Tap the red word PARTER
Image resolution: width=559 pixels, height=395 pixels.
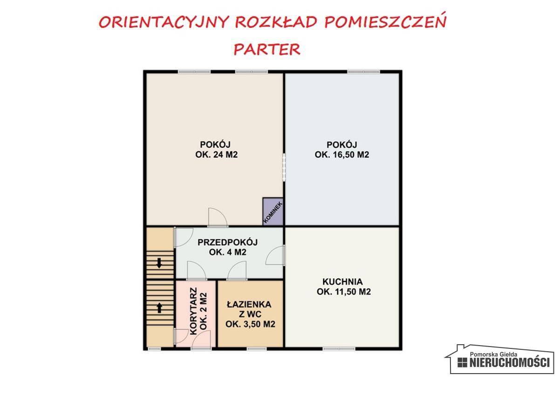pyautogui.click(x=267, y=49)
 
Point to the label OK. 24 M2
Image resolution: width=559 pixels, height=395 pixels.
pyautogui.click(x=217, y=155)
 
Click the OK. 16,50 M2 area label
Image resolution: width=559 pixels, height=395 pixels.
pyautogui.click(x=342, y=155)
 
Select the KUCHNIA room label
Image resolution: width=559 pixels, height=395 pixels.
pyautogui.click(x=342, y=282)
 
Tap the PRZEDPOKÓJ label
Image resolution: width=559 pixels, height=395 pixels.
pyautogui.click(x=227, y=242)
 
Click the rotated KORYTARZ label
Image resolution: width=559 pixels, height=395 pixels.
pyautogui.click(x=193, y=311)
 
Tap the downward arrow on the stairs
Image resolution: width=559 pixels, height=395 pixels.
pyautogui.click(x=159, y=263)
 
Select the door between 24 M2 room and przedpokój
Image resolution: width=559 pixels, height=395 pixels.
pyautogui.click(x=218, y=217)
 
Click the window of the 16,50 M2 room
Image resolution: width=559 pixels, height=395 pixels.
pyautogui.click(x=363, y=71)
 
